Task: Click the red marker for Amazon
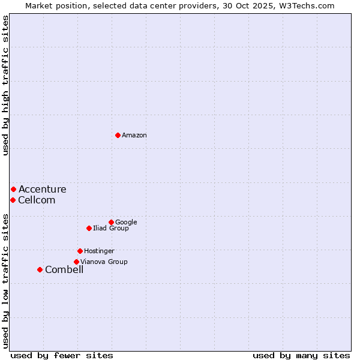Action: pos(118,135)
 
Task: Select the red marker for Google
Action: pos(111,222)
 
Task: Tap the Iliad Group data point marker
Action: pos(89,228)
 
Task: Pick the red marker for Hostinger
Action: pos(80,251)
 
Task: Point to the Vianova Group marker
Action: pos(76,262)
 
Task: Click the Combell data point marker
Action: pos(40,269)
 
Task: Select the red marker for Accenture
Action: pos(13,189)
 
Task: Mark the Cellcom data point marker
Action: pos(13,200)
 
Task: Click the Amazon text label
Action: pos(134,136)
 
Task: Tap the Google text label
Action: pos(126,223)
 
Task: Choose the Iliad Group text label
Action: pos(111,229)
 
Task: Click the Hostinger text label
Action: pos(99,251)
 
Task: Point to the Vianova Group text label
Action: pos(104,262)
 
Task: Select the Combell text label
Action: pos(64,270)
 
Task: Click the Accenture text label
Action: pos(42,190)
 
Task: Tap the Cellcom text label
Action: pos(37,200)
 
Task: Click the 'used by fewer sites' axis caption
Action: pos(62,356)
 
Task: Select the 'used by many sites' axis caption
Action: pos(301,356)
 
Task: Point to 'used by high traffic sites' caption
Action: pos(5,85)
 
